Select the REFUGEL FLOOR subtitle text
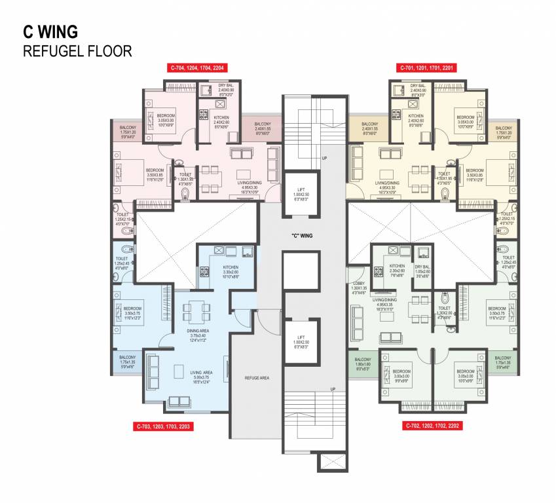click(x=77, y=50)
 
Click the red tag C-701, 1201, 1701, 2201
click(x=427, y=67)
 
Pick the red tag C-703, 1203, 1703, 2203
click(x=164, y=426)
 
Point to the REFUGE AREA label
click(x=256, y=378)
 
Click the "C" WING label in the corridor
click(x=301, y=234)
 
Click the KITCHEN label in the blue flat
click(x=230, y=269)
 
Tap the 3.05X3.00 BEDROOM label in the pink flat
click(x=166, y=120)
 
